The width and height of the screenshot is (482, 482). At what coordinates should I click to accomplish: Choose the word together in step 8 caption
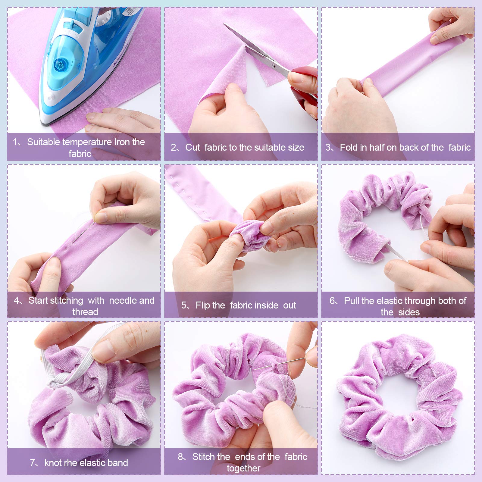243,468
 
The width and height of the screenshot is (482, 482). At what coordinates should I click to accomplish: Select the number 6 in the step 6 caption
332,301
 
